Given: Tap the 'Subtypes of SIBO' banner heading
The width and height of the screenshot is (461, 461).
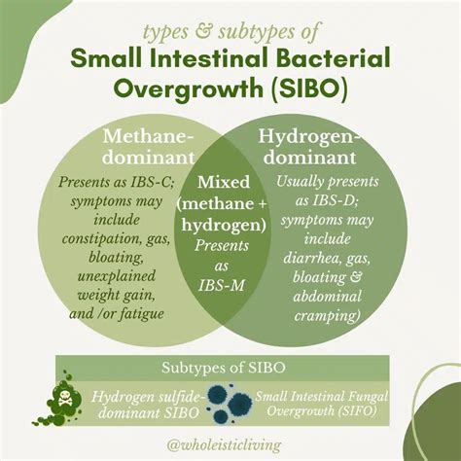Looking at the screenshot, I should click(230, 368).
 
